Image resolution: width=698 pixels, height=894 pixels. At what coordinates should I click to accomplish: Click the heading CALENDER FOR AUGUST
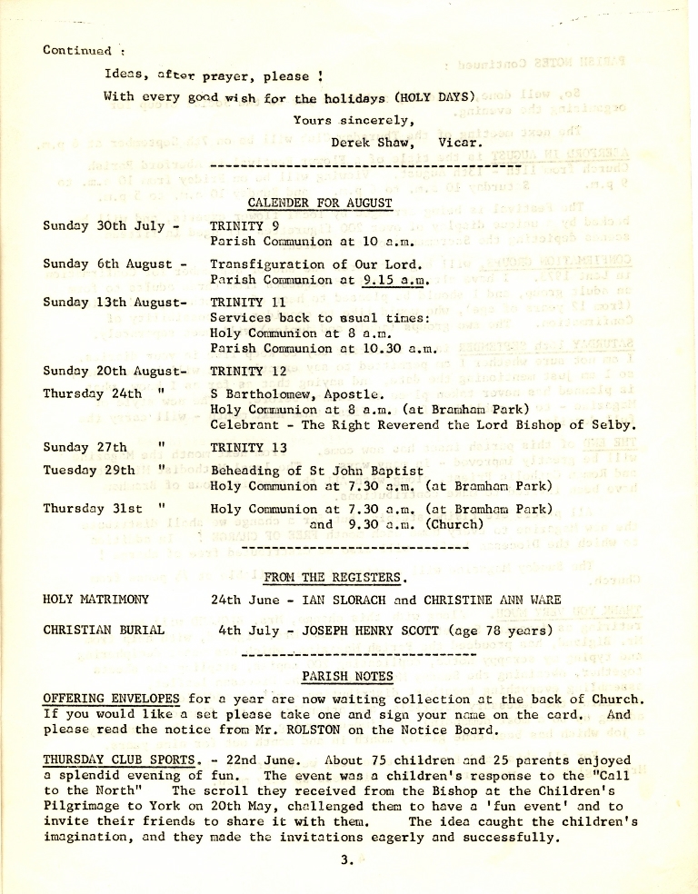click(320, 203)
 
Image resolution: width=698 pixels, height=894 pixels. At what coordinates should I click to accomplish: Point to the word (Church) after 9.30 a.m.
click(452, 524)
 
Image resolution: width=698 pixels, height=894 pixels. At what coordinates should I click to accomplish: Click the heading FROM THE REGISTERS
click(334, 577)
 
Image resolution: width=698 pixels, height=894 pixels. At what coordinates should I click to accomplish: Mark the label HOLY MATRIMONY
click(96, 599)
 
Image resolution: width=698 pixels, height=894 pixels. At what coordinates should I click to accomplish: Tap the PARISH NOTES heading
click(348, 676)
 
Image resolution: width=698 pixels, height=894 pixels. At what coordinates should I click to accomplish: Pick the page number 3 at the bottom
click(346, 864)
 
